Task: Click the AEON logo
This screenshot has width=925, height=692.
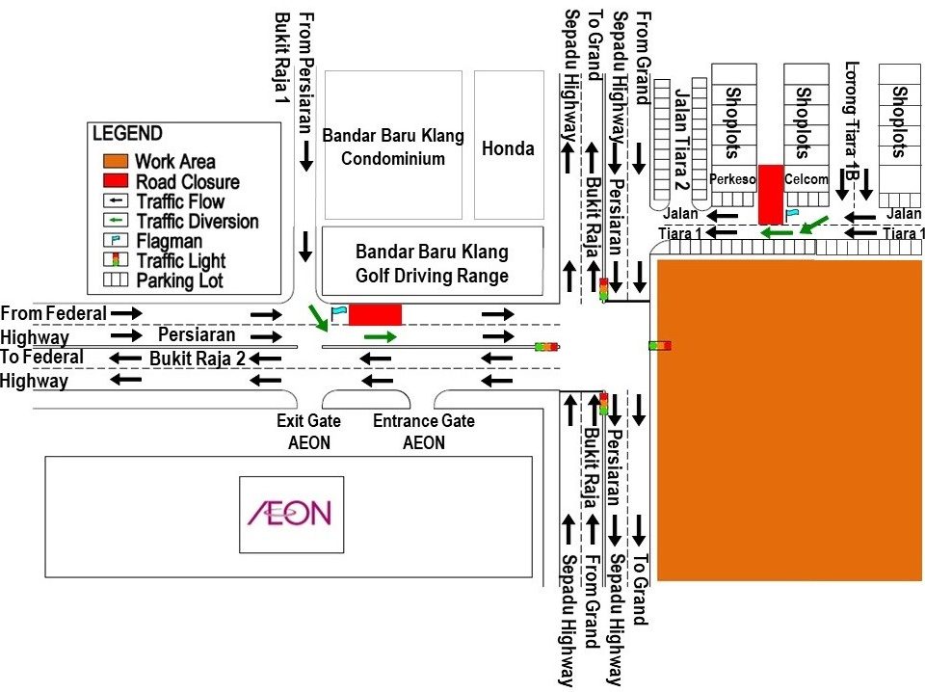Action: (289, 513)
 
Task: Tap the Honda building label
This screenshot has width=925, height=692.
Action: (508, 148)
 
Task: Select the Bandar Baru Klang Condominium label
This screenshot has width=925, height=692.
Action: (393, 146)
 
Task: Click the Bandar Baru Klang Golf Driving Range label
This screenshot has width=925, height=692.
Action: (432, 263)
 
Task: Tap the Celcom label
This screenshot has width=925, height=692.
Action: (806, 179)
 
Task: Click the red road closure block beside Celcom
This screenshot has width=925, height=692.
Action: (771, 194)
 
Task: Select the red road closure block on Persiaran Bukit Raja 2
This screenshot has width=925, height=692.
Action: (375, 314)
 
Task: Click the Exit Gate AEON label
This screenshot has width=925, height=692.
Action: (303, 432)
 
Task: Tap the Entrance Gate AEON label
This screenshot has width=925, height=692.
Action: (424, 432)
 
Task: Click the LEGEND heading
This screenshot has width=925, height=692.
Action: (127, 134)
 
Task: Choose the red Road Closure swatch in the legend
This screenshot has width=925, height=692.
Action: (115, 181)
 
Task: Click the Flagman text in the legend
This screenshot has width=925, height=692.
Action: (169, 241)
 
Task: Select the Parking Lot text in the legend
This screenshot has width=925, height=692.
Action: (180, 280)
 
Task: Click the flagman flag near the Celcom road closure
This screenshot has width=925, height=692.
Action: (792, 213)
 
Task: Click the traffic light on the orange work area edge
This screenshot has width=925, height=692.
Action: (660, 345)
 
